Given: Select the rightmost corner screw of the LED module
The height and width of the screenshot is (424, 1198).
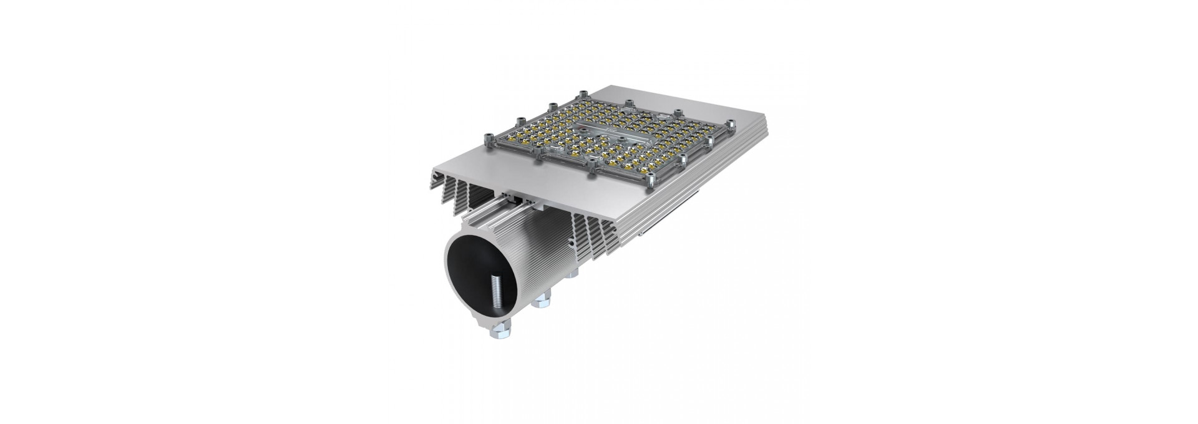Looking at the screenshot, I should point(734,123).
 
